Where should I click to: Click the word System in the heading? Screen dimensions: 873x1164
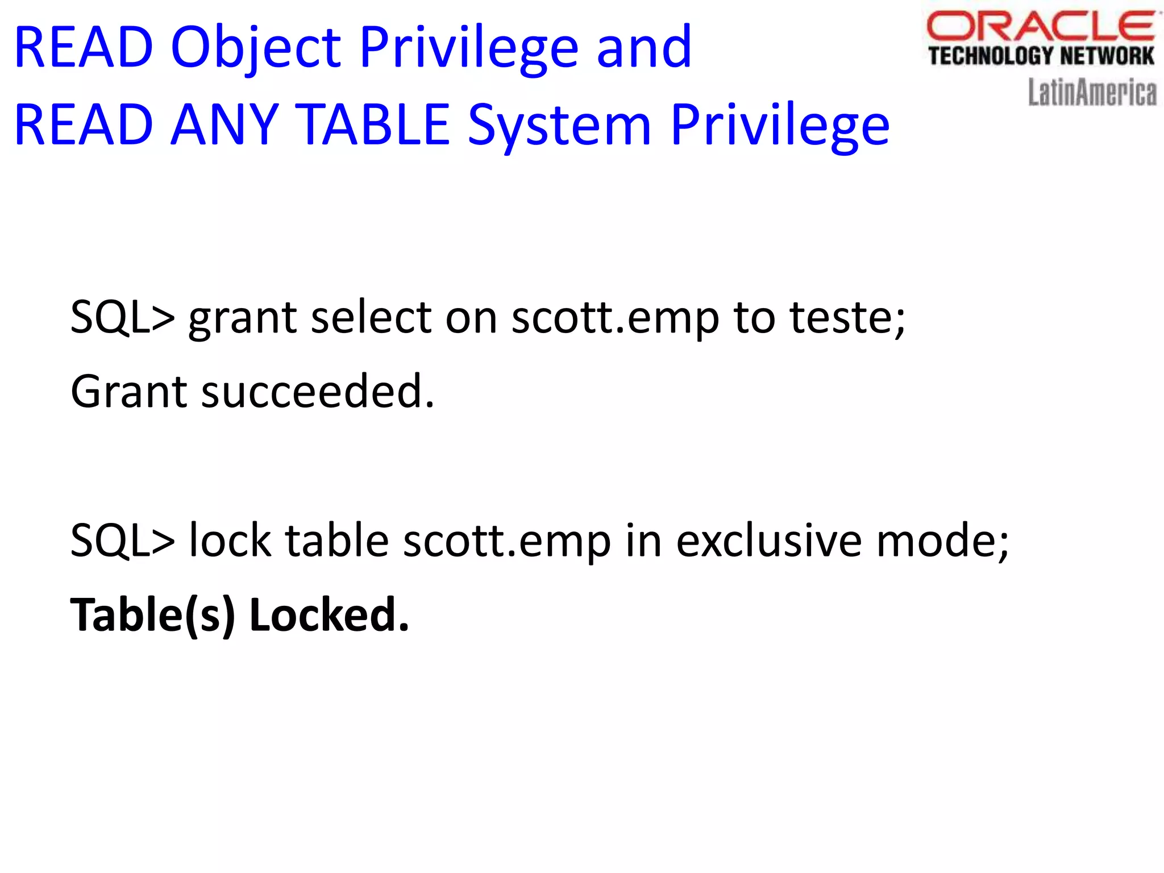(560, 126)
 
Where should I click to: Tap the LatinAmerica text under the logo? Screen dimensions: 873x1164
(1092, 93)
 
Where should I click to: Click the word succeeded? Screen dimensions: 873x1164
(318, 392)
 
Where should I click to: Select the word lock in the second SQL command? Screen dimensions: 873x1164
(230, 540)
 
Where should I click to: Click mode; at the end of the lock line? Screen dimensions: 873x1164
(943, 541)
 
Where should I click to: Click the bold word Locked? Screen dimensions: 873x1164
(329, 615)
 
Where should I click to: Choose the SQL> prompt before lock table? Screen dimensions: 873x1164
(122, 541)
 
